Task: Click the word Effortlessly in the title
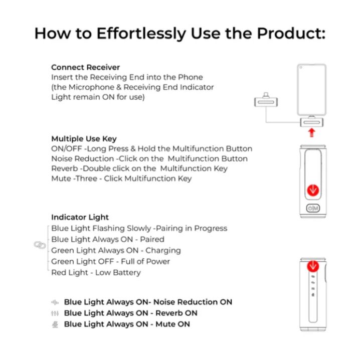(141, 34)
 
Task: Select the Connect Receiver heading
(85, 67)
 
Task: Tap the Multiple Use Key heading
(84, 139)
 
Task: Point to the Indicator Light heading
(80, 217)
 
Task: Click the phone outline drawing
(312, 90)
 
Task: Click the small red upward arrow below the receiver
(312, 133)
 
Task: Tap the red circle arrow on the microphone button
(313, 191)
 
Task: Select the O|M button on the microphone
(313, 208)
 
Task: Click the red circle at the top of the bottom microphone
(313, 266)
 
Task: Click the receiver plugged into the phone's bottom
(312, 122)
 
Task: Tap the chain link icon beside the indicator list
(40, 245)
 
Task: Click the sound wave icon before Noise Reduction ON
(55, 302)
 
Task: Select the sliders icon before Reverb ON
(55, 313)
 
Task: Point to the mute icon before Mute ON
(55, 324)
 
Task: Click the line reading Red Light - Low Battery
(96, 273)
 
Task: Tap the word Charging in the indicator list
(163, 251)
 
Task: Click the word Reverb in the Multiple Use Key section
(65, 168)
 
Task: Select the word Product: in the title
(291, 34)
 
